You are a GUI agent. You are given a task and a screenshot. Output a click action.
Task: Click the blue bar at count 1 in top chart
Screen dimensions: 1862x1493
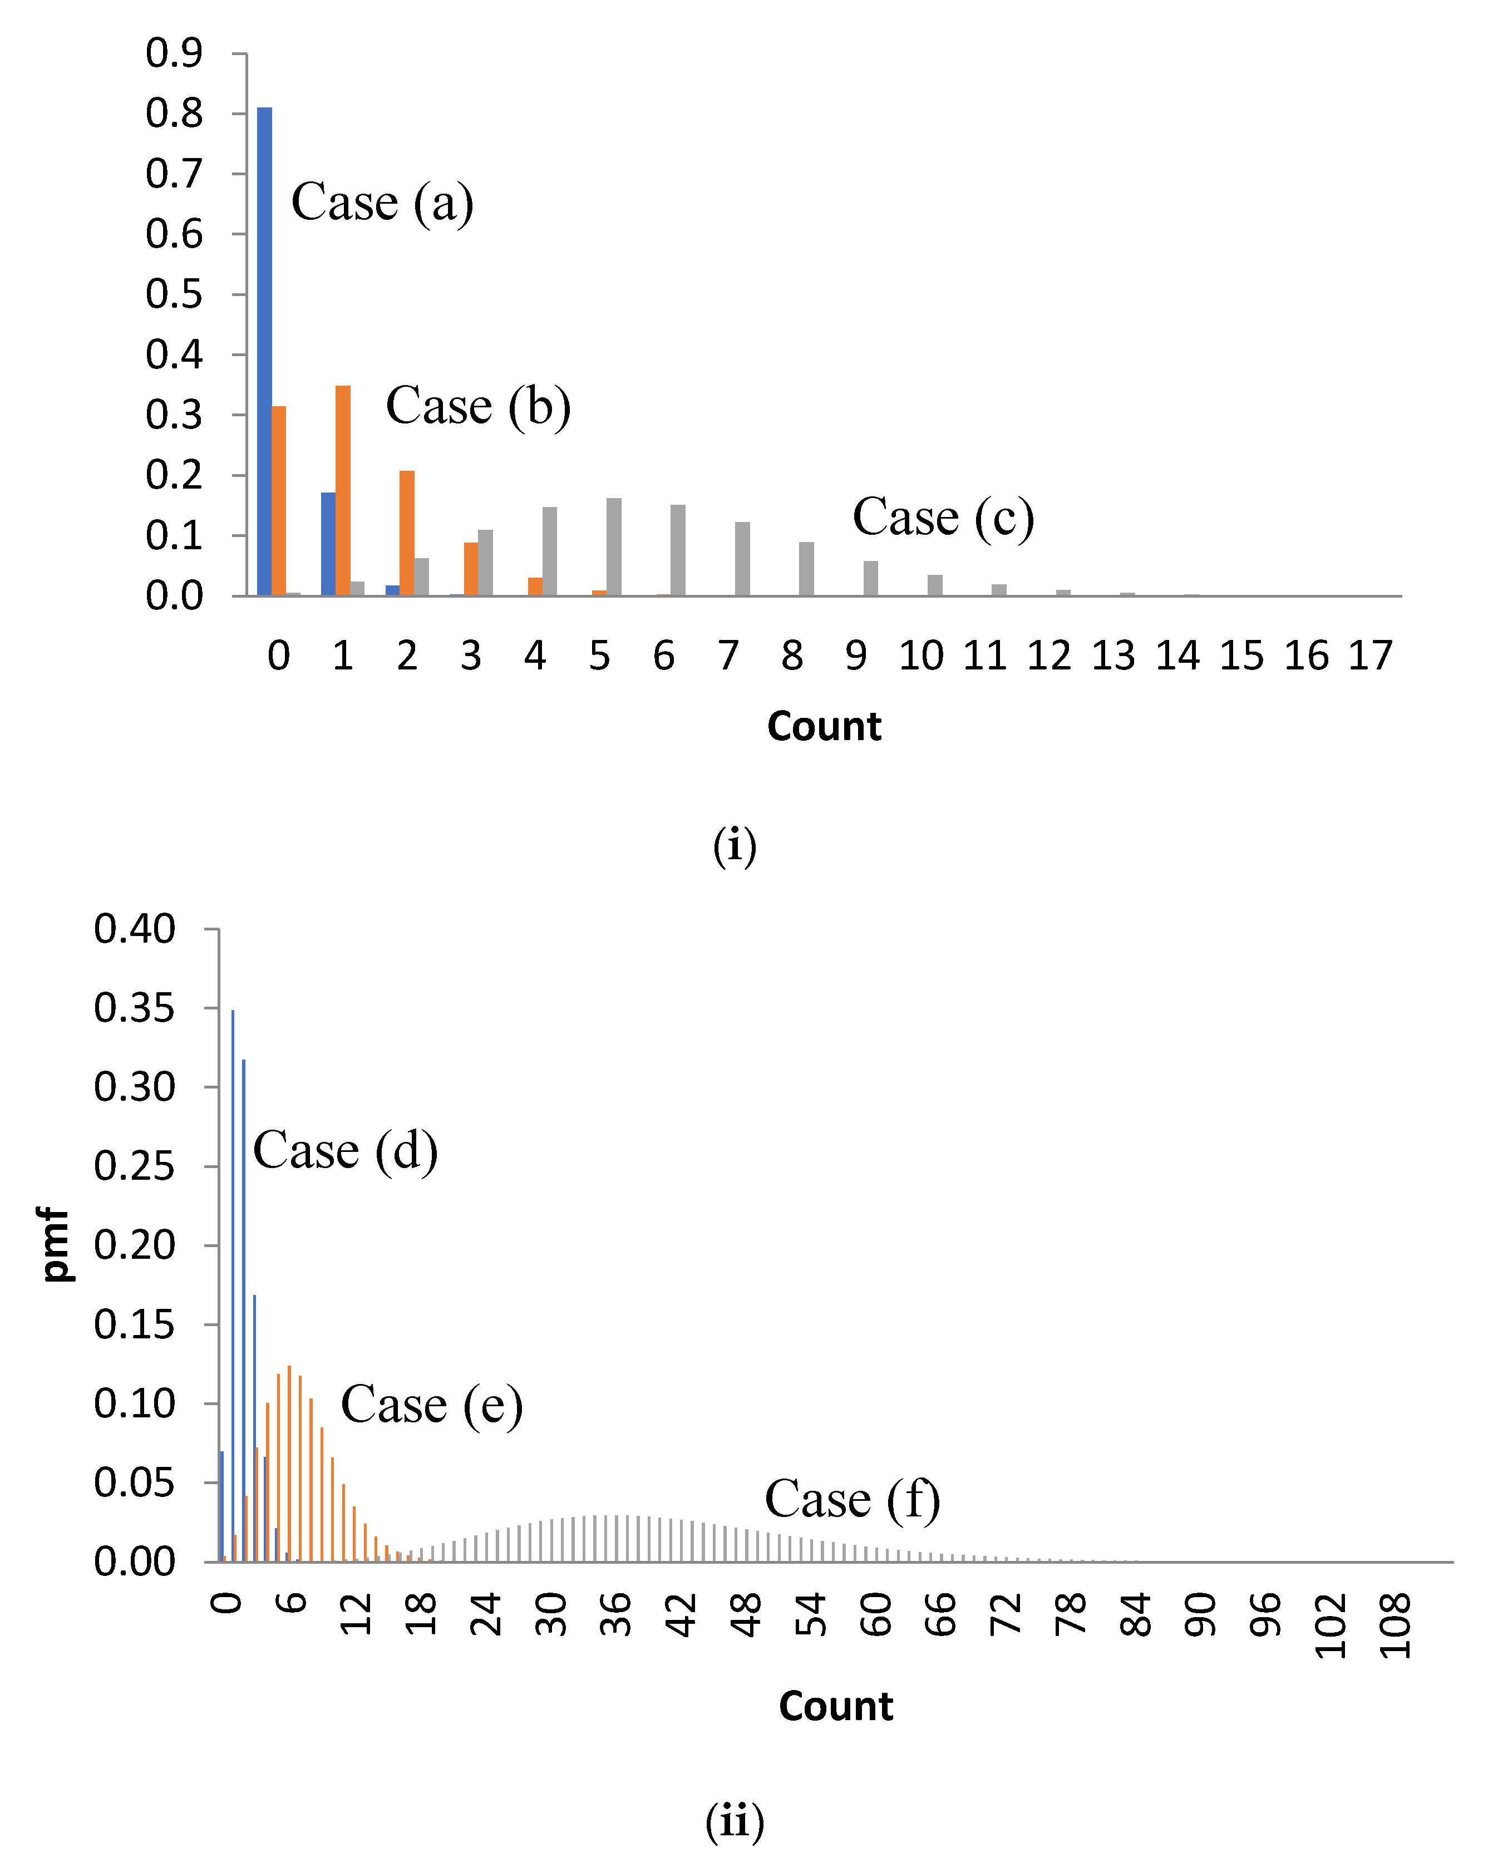pos(328,544)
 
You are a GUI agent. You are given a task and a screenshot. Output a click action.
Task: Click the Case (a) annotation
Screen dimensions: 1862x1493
pos(382,203)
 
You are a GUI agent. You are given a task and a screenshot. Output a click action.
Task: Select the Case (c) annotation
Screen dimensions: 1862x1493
pos(943,518)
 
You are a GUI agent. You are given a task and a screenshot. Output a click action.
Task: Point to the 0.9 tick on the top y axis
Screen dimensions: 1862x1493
pos(174,53)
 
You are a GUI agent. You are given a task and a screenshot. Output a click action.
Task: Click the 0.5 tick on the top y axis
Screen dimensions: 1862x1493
pos(174,294)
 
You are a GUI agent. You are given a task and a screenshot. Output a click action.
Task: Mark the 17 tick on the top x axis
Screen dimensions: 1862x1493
pos(1371,656)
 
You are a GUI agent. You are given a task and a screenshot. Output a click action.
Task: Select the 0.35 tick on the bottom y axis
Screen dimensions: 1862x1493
pos(135,1008)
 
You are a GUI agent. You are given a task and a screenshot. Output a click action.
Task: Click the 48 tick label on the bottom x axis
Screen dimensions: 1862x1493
pos(746,1615)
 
